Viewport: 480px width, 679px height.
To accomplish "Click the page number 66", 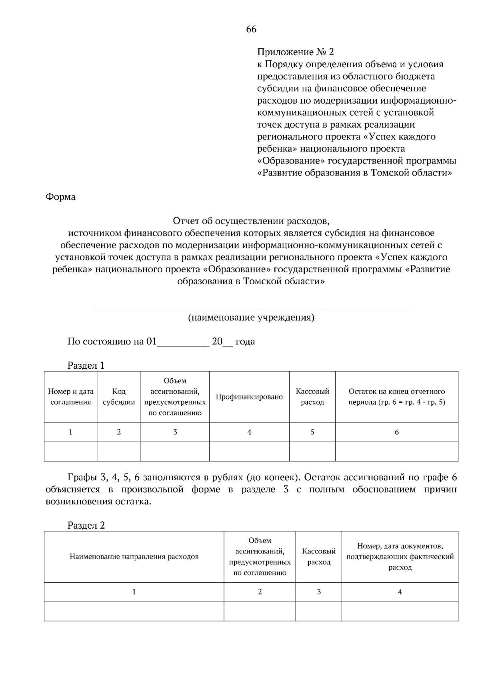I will click(x=251, y=29).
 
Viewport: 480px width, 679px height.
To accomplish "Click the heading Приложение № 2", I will click(x=295, y=52).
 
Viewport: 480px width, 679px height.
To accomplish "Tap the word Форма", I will click(x=60, y=197).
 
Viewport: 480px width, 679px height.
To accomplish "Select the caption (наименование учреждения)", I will click(x=251, y=318).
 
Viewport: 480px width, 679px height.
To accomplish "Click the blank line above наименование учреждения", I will click(x=251, y=308).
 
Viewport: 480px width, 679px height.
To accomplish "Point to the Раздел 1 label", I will click(x=86, y=365).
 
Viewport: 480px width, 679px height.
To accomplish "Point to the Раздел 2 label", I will click(x=86, y=525).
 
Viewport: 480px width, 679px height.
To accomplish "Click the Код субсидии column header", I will click(x=119, y=397).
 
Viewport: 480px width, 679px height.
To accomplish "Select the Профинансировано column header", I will click(x=249, y=397).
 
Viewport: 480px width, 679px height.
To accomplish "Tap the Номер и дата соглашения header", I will click(x=70, y=397).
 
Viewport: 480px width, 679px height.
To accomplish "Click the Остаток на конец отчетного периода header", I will click(x=396, y=397).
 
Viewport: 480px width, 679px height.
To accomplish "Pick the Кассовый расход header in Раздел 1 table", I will click(x=312, y=397).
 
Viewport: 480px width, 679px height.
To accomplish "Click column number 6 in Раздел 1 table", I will click(x=396, y=432).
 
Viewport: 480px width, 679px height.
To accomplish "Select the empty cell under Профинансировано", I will click(x=249, y=451).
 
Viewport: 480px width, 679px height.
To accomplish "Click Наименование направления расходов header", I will click(x=134, y=557).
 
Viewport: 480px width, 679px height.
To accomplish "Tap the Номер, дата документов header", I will click(x=400, y=557).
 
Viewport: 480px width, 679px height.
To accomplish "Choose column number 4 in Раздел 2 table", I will click(x=400, y=592).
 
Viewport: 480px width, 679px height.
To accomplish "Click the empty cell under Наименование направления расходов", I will click(x=134, y=611).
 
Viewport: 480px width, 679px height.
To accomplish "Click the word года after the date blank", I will click(x=245, y=342).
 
